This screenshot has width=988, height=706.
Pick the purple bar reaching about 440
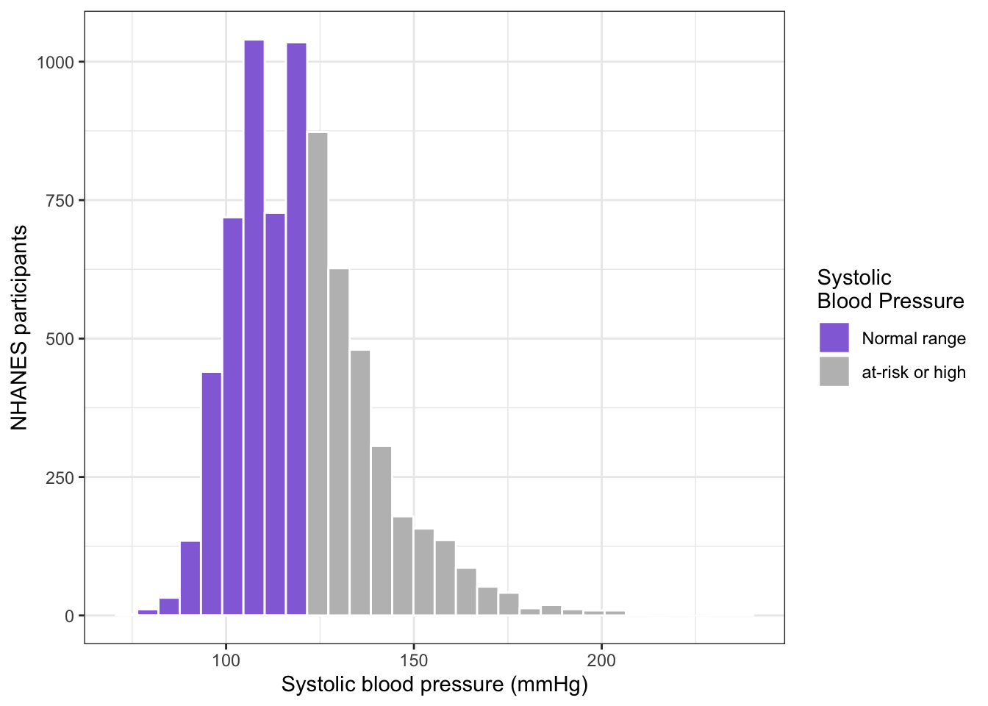pos(212,493)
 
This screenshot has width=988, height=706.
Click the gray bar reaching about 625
pos(339,442)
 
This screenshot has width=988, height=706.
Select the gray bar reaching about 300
pos(382,530)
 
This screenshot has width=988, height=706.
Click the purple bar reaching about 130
pos(190,578)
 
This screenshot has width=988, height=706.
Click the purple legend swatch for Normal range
pos(834,338)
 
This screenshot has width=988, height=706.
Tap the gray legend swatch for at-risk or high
pos(834,372)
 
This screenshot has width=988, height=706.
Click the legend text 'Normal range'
pos(913,338)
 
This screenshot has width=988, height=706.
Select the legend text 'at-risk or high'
pos(913,373)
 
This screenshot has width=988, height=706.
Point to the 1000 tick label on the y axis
pos(56,63)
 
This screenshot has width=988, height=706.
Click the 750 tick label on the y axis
pos(60,201)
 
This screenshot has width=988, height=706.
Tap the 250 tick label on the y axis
pos(60,477)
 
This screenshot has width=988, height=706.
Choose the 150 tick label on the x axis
pos(414,660)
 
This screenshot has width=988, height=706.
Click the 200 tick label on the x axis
pos(601,660)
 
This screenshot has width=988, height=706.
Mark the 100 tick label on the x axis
pos(226,660)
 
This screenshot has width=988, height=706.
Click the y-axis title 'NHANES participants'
pos(19,328)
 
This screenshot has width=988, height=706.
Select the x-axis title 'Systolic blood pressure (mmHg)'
pos(434,685)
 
